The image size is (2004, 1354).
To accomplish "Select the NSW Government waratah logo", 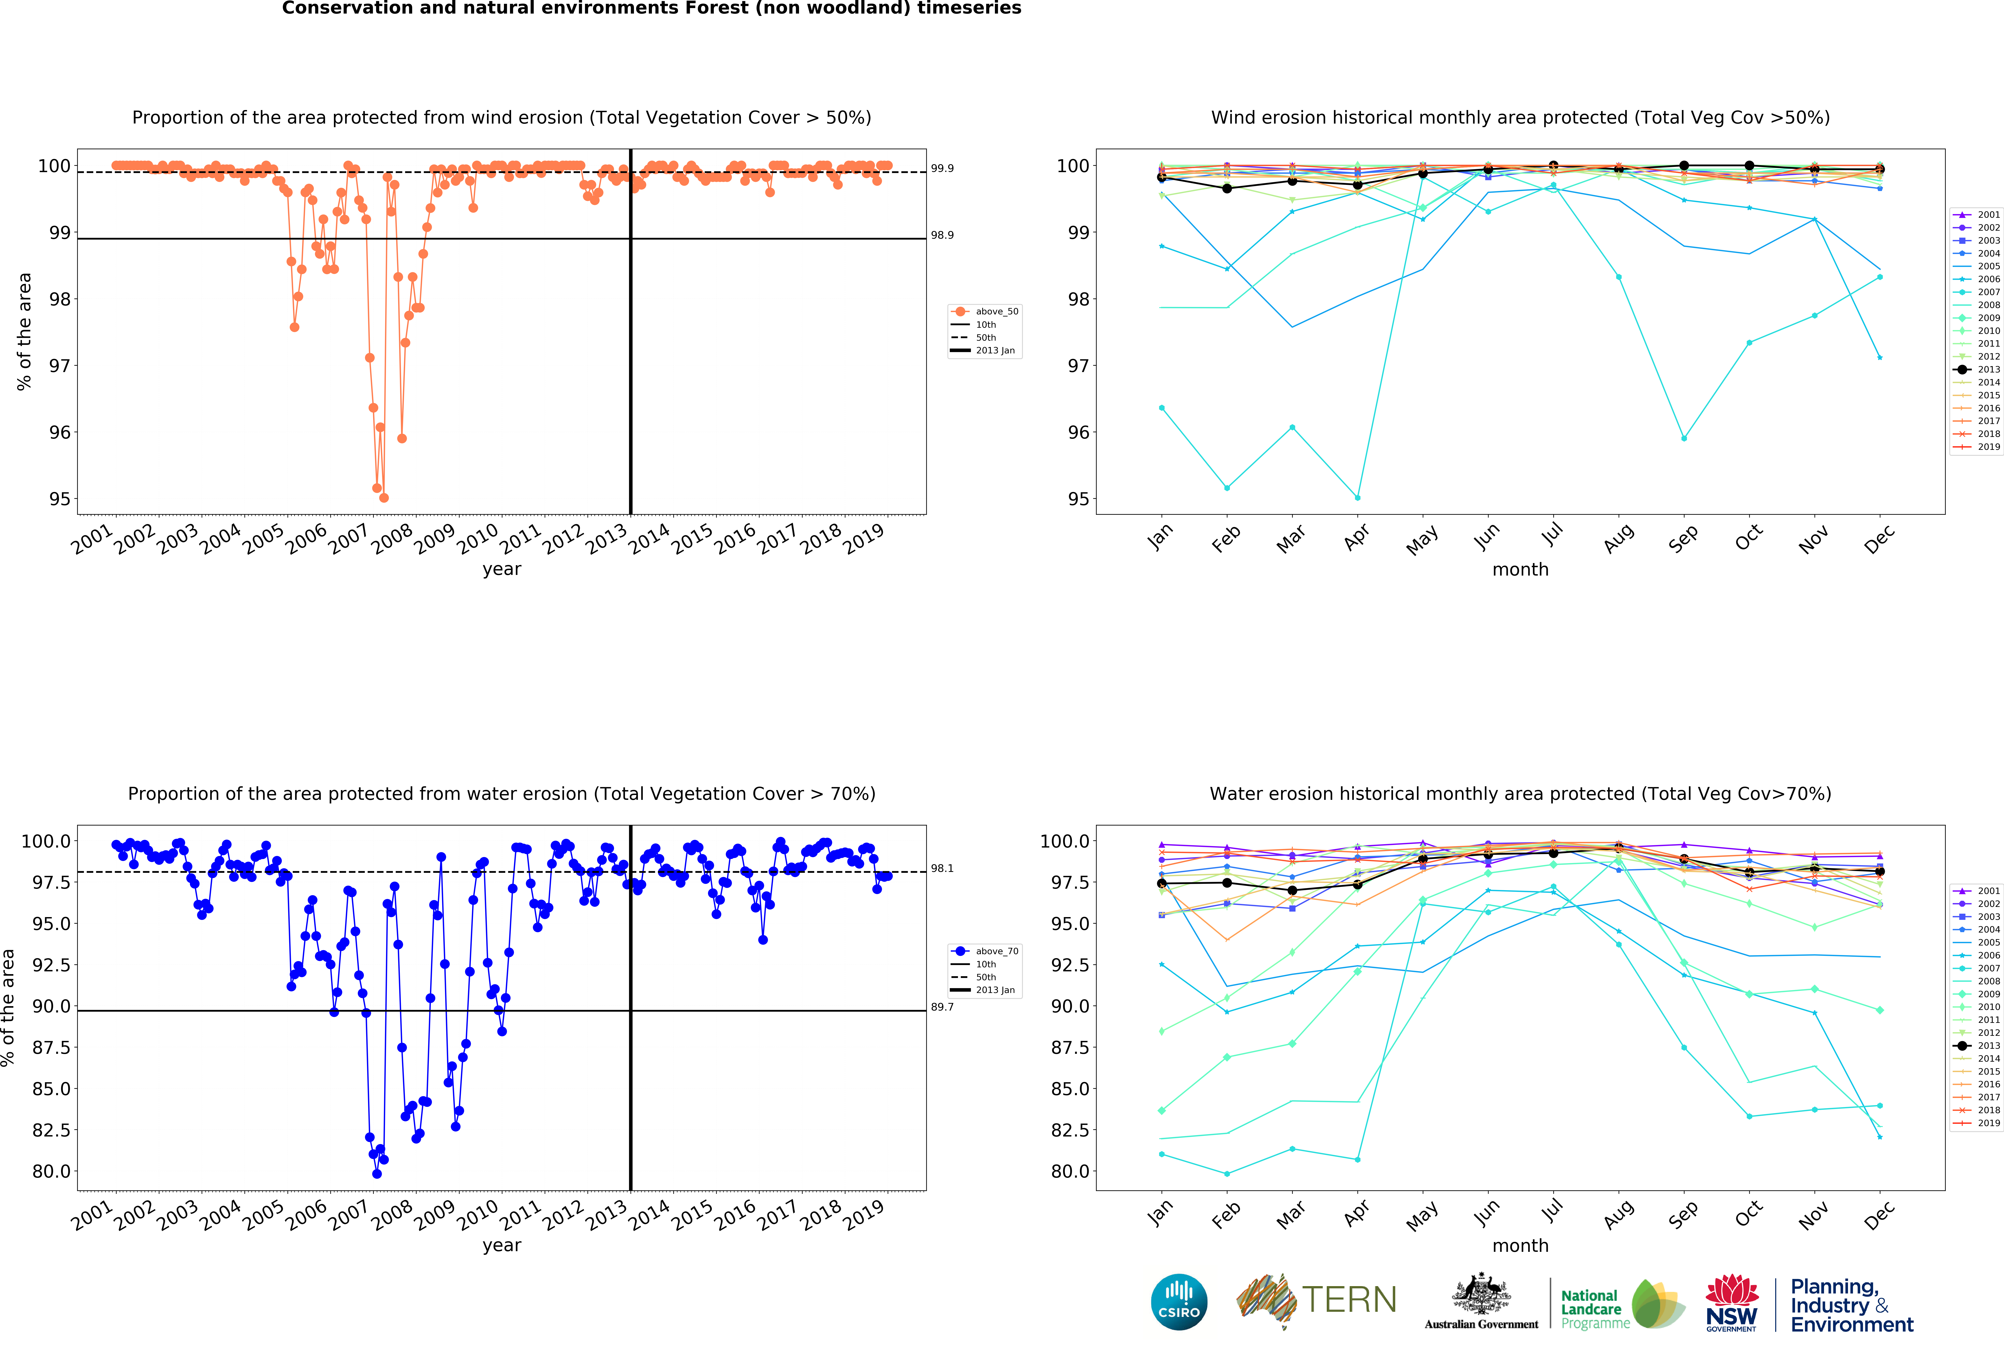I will pos(1732,1302).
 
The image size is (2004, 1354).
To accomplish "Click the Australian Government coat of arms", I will pos(1481,1294).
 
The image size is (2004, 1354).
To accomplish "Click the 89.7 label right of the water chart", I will pos(942,1007).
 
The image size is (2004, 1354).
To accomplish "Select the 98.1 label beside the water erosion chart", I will pos(942,869).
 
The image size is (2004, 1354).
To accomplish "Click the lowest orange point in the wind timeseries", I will pos(384,498).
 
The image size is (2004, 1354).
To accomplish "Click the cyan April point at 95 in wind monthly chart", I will pos(1357,498).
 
